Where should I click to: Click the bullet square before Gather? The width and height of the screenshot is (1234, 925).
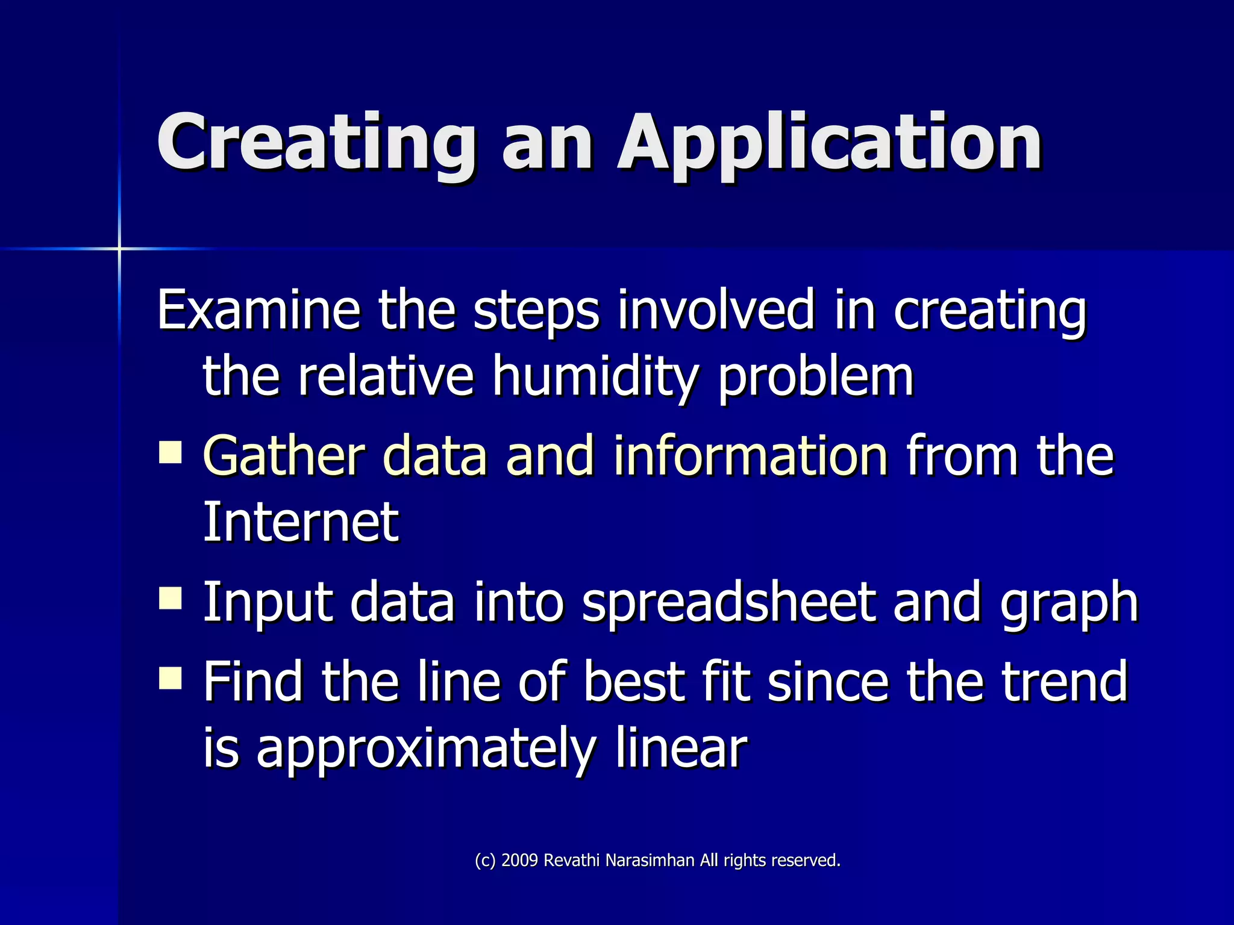tap(171, 452)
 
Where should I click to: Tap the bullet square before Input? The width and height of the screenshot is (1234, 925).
tap(171, 599)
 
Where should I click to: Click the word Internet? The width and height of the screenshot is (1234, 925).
tap(300, 522)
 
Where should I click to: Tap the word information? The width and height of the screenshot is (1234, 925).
tap(750, 455)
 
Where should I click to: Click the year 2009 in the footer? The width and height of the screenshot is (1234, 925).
tap(519, 861)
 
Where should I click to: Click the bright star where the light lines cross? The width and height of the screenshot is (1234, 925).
tap(119, 248)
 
